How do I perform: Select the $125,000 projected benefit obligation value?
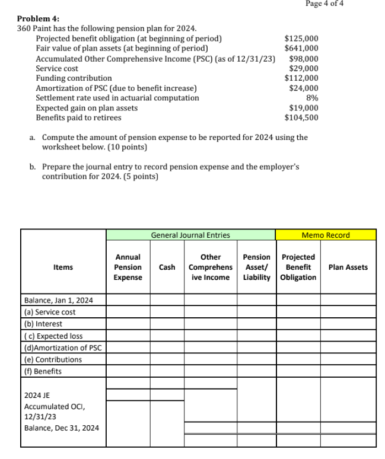pyautogui.click(x=301, y=39)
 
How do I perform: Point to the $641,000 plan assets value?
pyautogui.click(x=301, y=49)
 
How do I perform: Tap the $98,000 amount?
pyautogui.click(x=303, y=59)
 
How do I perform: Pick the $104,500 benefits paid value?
pyautogui.click(x=301, y=117)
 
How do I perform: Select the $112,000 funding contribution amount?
pyautogui.click(x=301, y=78)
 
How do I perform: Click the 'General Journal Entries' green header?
pyautogui.click(x=190, y=235)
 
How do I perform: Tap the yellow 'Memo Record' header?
pyautogui.click(x=326, y=235)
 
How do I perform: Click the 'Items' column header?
pyautogui.click(x=63, y=267)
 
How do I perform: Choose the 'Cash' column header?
pyautogui.click(x=167, y=267)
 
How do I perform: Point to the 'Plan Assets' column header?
pyautogui.click(x=348, y=267)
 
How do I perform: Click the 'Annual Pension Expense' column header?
pyautogui.click(x=128, y=267)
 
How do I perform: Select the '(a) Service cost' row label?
pyautogui.click(x=50, y=312)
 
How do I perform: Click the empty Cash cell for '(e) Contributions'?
pyautogui.click(x=167, y=359)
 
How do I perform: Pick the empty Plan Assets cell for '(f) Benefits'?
pyautogui.click(x=348, y=371)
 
